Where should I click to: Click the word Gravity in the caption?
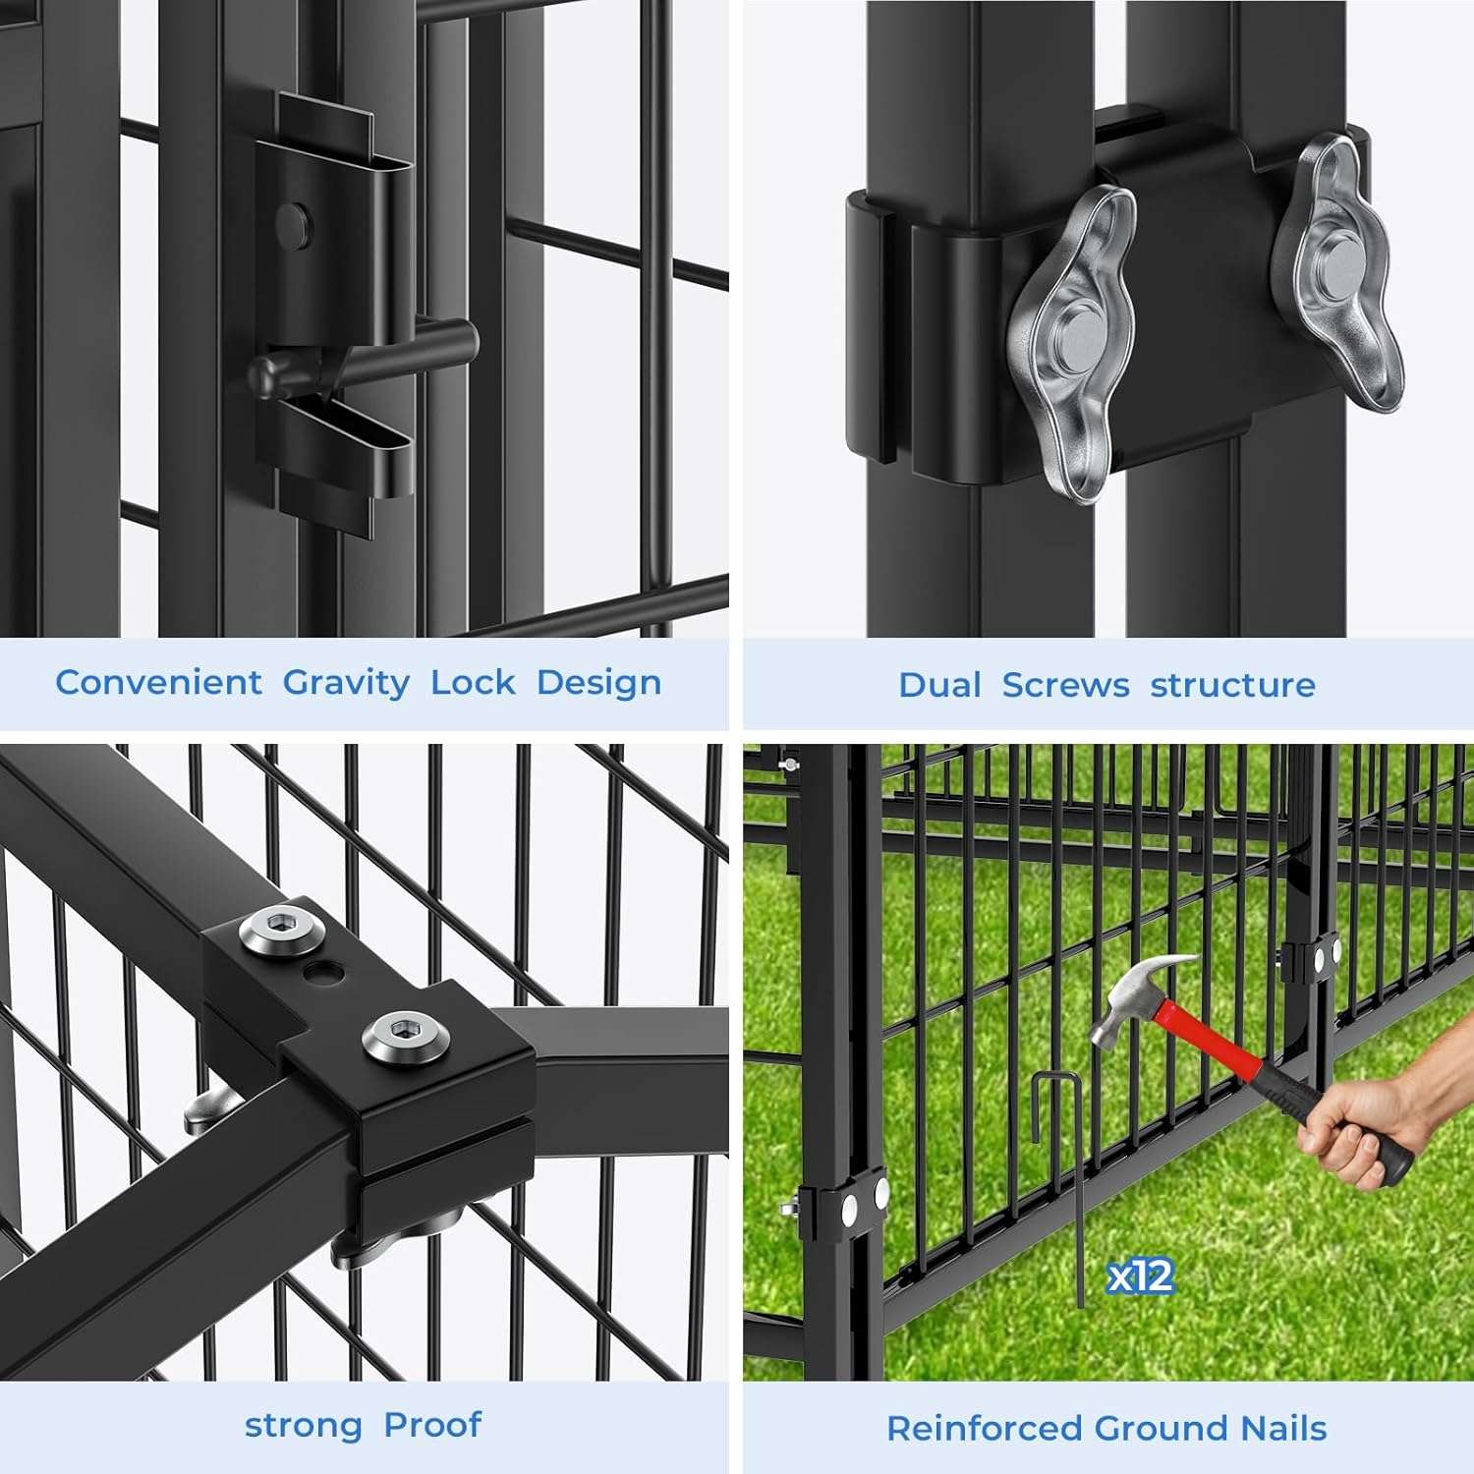(x=346, y=683)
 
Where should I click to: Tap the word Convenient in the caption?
(x=158, y=682)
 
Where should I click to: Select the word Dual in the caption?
(x=939, y=685)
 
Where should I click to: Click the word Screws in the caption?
(x=1065, y=685)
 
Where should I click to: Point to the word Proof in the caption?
(x=432, y=1425)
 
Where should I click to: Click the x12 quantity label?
(x=1140, y=1276)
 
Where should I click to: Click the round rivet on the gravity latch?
(x=293, y=225)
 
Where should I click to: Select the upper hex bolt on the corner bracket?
(x=282, y=929)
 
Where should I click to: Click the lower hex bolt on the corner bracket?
(x=404, y=1035)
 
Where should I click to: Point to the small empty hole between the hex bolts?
(x=325, y=974)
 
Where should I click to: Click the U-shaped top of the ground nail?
(x=1057, y=1079)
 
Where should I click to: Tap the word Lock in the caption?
(x=473, y=682)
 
